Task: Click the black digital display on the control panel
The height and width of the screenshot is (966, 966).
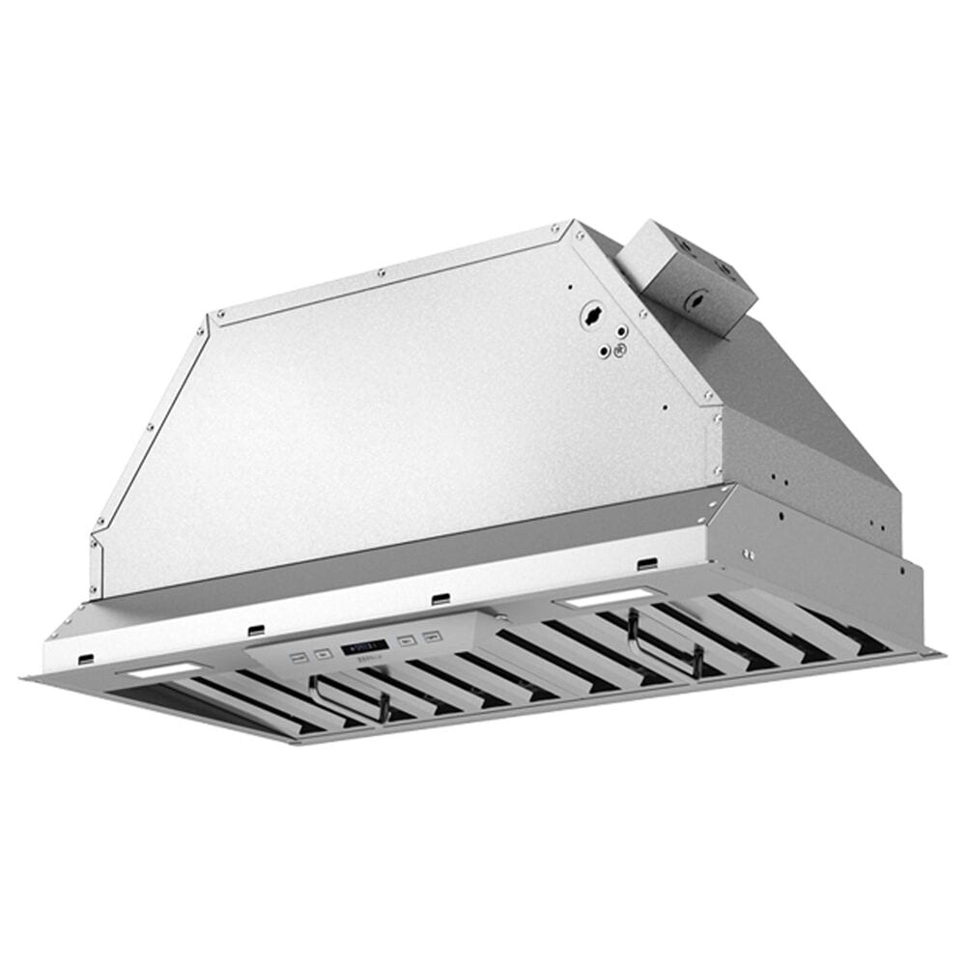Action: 363,645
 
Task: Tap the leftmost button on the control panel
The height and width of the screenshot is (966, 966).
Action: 298,656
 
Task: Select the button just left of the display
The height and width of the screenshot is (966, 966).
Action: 323,652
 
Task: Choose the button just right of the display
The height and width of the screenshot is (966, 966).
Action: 408,640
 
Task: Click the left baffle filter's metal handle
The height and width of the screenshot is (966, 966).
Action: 348,697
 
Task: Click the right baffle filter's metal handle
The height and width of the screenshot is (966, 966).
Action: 664,641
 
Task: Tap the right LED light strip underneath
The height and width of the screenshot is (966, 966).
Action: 596,600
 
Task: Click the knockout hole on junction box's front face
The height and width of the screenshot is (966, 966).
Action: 695,302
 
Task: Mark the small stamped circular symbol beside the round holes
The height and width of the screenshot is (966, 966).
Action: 621,351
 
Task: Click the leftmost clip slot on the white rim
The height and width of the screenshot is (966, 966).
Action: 85,660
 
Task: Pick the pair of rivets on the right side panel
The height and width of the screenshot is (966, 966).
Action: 749,554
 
